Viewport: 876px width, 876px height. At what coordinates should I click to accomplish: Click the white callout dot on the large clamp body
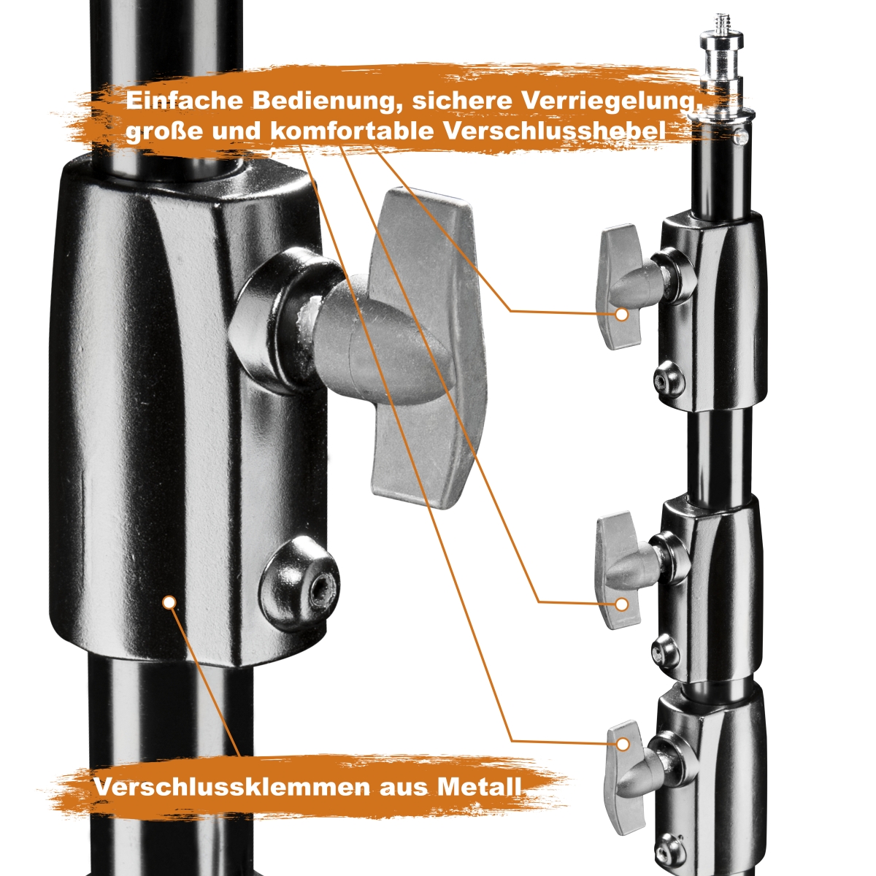169,603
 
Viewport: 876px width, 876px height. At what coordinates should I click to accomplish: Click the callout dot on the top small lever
621,315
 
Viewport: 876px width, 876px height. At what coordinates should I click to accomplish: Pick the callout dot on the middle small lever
621,604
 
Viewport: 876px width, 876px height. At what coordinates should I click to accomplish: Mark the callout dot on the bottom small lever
623,744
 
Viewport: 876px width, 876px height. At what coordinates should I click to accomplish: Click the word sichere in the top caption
462,101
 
